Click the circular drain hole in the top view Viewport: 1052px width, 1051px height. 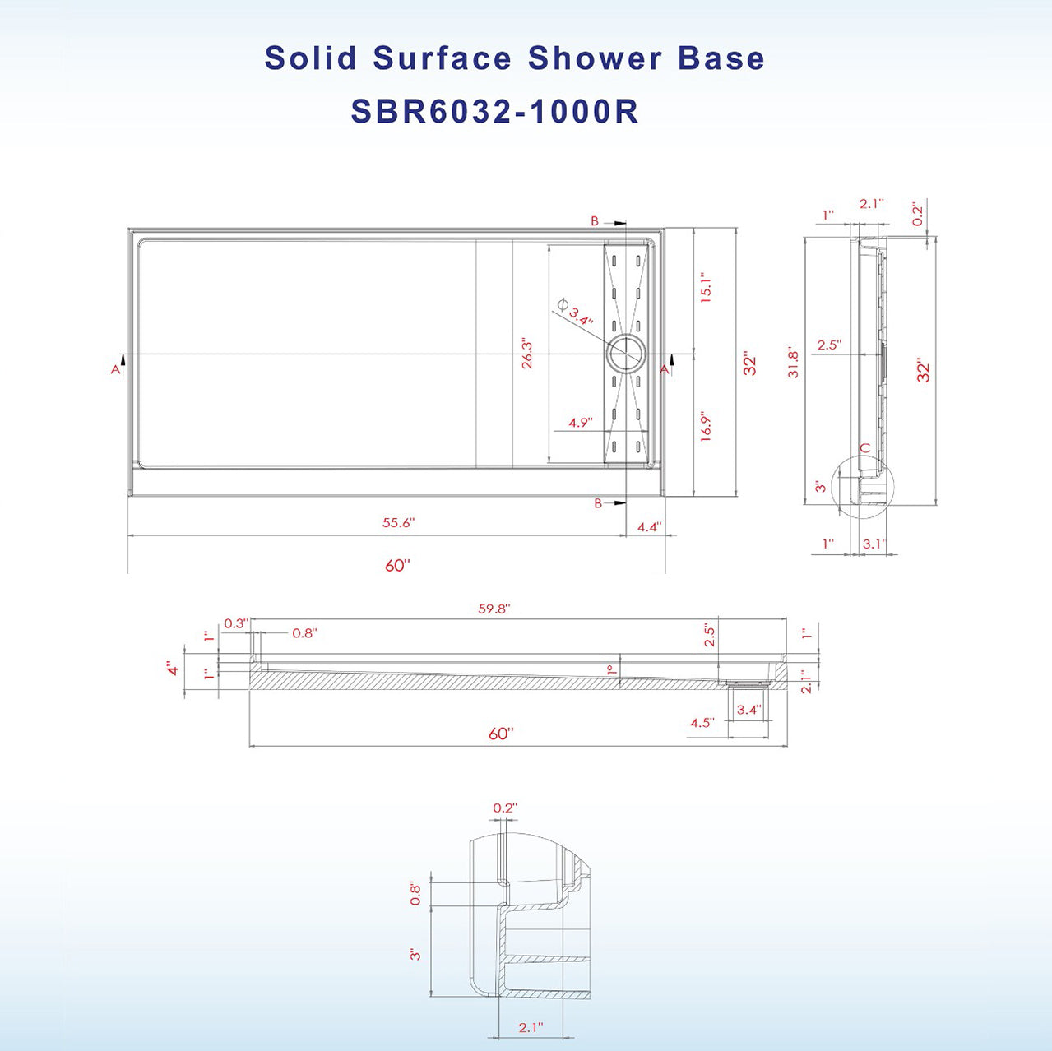click(x=627, y=355)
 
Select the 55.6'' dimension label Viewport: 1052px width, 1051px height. click(x=398, y=523)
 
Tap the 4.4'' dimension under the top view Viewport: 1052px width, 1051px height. click(x=649, y=526)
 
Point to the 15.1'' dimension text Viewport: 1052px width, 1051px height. click(x=706, y=288)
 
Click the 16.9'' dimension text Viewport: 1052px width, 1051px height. click(x=706, y=426)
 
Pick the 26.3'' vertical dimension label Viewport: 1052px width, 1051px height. click(x=527, y=354)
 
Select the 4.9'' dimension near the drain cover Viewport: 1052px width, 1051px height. click(x=580, y=423)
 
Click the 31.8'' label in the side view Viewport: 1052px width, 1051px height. click(x=793, y=362)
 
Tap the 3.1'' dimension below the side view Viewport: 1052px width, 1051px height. click(x=874, y=544)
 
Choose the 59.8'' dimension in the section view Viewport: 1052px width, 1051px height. click(x=494, y=609)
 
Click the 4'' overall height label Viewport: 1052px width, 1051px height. click(x=173, y=668)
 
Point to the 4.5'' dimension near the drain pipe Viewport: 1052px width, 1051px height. click(x=702, y=723)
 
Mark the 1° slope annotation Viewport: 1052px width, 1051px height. click(x=610, y=670)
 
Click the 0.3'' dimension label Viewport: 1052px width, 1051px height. click(x=235, y=623)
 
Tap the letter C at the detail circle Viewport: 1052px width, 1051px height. click(x=864, y=448)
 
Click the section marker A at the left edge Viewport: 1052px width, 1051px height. click(x=116, y=369)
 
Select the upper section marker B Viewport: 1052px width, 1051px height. click(x=595, y=221)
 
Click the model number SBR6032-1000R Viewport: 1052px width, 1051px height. click(x=495, y=112)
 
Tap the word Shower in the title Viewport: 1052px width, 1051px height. click(x=595, y=58)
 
